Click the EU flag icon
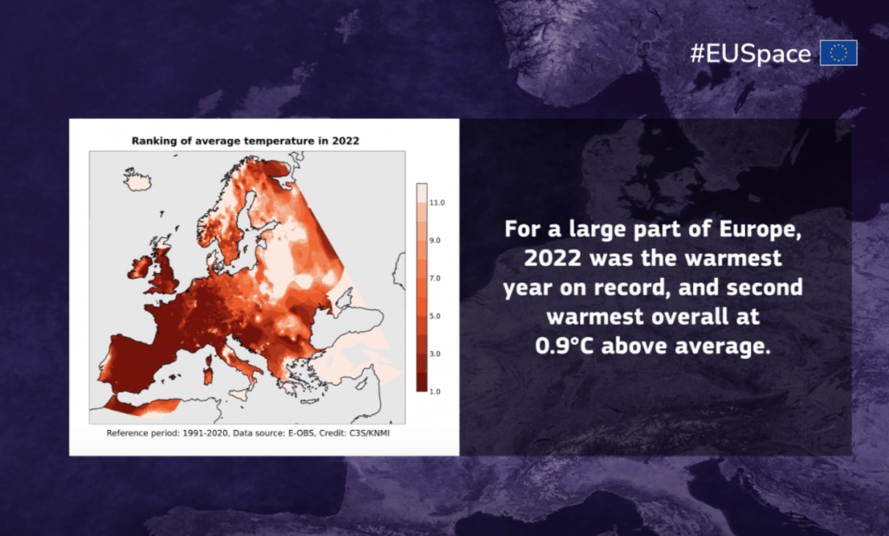click(x=839, y=53)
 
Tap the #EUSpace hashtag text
click(x=750, y=54)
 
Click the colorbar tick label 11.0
click(x=437, y=202)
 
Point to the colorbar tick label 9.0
click(x=434, y=241)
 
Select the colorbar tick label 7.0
click(x=434, y=279)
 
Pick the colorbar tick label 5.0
click(x=434, y=316)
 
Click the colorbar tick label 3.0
click(x=434, y=354)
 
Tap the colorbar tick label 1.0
click(x=434, y=392)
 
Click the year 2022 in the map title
click(x=346, y=141)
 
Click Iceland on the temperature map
click(x=137, y=180)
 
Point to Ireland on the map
click(x=140, y=268)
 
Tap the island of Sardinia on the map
click(x=208, y=374)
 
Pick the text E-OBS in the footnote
click(x=301, y=433)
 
